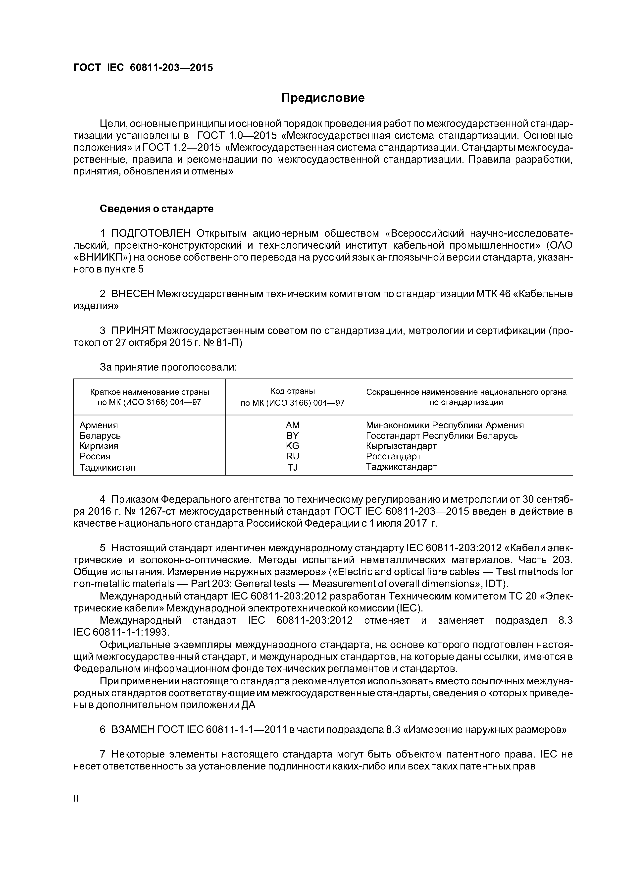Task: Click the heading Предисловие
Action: tap(323, 98)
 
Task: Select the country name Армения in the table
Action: tap(99, 425)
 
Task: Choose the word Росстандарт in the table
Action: tap(394, 456)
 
